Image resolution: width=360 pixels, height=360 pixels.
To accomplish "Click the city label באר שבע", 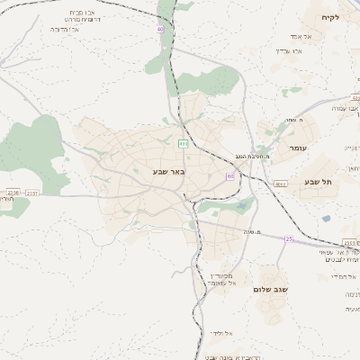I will click(168, 170).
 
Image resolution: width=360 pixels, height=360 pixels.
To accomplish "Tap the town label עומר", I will click(298, 148).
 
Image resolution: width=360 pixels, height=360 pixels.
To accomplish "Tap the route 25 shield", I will click(289, 238).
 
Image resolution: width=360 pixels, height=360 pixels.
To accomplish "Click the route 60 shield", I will click(231, 176).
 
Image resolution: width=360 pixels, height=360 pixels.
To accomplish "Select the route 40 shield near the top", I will click(160, 29).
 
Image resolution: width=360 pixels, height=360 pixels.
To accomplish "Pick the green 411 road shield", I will click(184, 143).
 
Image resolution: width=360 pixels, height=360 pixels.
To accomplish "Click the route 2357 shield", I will click(31, 193).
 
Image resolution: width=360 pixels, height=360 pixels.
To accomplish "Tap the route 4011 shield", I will click(282, 184).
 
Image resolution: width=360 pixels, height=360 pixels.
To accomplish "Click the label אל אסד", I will click(301, 36).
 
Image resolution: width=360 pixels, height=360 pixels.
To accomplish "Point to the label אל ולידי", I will click(222, 334).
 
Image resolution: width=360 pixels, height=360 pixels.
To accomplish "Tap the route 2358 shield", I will click(12, 193).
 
